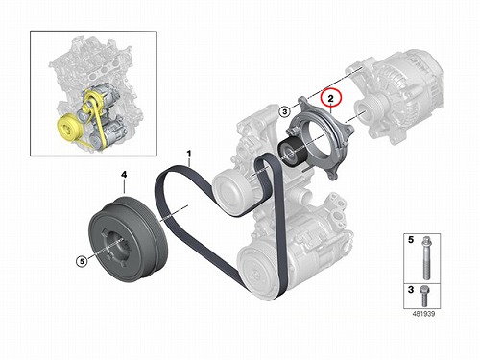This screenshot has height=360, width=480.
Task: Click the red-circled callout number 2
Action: click(x=330, y=99)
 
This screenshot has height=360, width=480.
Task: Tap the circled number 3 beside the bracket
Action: click(x=285, y=111)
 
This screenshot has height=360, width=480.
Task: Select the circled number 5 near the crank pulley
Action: click(x=82, y=261)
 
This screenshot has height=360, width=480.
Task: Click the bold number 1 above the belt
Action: click(x=189, y=154)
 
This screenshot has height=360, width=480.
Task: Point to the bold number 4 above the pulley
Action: click(x=124, y=175)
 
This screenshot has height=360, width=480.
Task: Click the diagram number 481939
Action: click(x=423, y=314)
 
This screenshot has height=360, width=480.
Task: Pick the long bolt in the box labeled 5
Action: click(x=426, y=257)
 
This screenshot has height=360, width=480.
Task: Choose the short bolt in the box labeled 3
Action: click(x=424, y=296)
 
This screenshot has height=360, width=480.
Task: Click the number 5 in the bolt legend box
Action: click(x=411, y=240)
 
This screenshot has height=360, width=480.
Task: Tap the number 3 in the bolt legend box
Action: click(x=411, y=290)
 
